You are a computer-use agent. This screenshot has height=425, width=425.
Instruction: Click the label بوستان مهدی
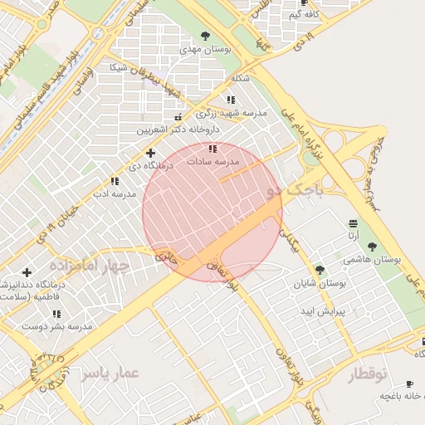(x=204, y=50)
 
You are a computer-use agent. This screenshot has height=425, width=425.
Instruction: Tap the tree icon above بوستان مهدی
(x=205, y=36)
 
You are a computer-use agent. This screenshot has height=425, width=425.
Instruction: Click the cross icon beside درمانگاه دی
(x=150, y=153)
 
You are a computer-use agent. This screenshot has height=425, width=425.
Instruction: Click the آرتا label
(x=354, y=237)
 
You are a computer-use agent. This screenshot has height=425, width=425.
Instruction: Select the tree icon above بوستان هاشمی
(x=371, y=247)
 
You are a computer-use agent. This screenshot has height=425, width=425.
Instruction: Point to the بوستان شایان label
(x=320, y=284)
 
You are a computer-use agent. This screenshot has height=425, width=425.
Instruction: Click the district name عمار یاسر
(x=107, y=374)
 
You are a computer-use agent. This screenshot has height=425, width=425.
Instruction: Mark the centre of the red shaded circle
(x=212, y=211)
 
